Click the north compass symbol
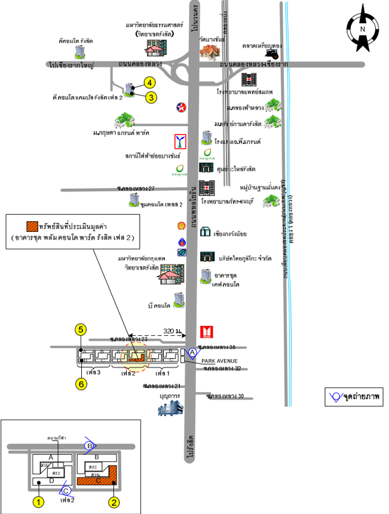pos(363,29)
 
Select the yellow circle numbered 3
pos(152,97)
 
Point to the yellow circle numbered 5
pos(81,328)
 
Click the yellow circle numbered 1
pos(38,502)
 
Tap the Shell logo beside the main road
pos(181,226)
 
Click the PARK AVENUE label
pos(219,361)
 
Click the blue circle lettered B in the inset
pos(90,445)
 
